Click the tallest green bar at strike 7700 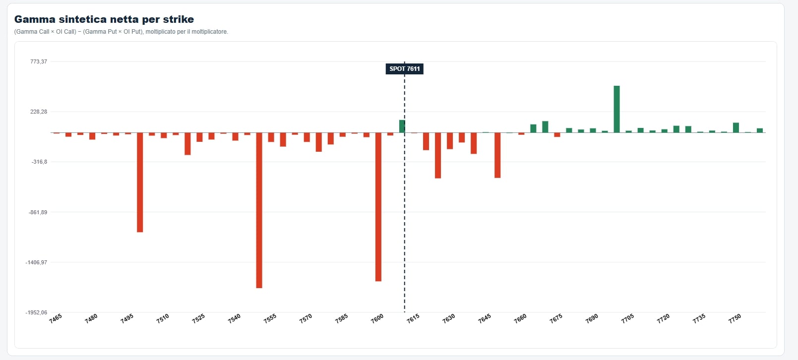[616, 109]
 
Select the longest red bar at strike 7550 [259, 210]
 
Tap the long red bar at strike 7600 [378, 207]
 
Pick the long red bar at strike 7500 [140, 182]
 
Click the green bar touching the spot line [402, 126]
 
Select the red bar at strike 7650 [497, 155]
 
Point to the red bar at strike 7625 [438, 155]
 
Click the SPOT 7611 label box [404, 69]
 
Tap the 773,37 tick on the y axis [39, 61]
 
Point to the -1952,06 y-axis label [36, 312]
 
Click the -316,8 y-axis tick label [39, 162]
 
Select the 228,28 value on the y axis [39, 112]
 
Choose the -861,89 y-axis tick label [38, 212]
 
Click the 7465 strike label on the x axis [56, 319]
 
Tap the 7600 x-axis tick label [377, 319]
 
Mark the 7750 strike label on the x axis [735, 319]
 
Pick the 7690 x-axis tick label [592, 319]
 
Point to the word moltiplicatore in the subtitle [209, 32]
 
